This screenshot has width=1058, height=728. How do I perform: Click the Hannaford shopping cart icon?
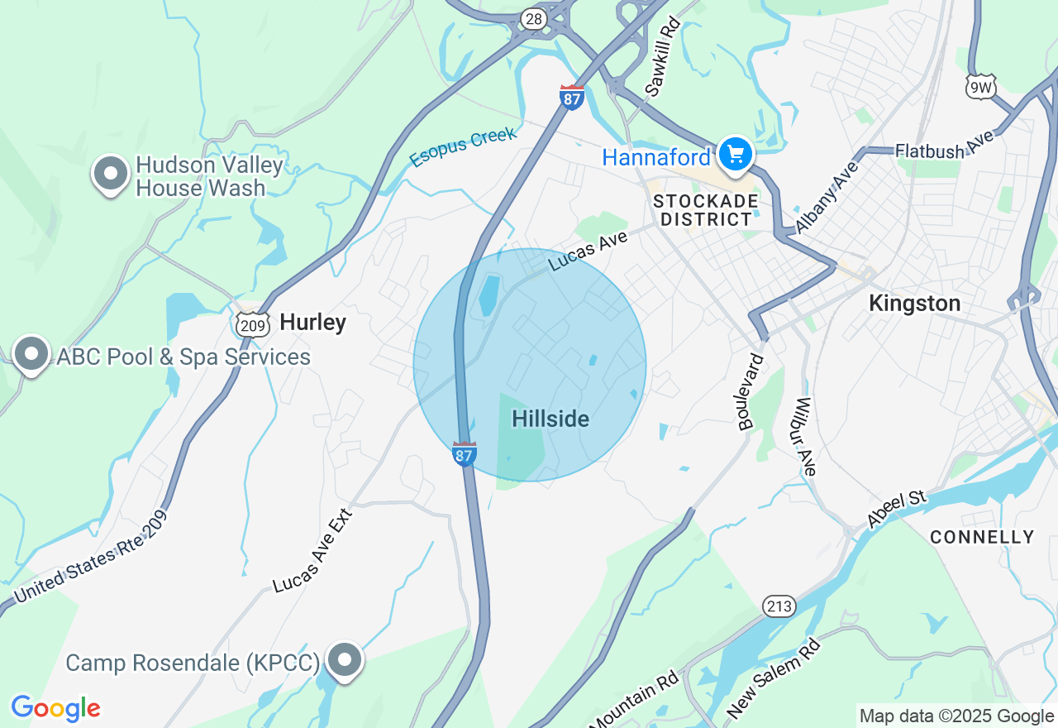735,155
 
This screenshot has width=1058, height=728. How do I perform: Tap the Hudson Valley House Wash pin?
111,174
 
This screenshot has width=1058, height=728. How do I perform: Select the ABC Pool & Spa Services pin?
31,354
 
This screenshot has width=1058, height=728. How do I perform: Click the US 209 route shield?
252,324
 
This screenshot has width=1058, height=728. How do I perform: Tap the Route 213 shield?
779,606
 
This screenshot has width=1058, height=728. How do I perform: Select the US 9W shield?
981,86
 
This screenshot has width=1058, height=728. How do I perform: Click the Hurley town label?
312,322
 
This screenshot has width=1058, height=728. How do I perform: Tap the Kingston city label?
914,304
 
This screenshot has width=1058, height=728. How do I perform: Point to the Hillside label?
550,419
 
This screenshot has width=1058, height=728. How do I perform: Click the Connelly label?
982,537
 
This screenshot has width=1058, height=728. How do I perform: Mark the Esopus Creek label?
463,146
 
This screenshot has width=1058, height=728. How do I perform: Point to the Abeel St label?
899,508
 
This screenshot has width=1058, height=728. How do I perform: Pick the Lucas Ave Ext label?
313,551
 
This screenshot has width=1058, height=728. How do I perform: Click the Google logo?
55,708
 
